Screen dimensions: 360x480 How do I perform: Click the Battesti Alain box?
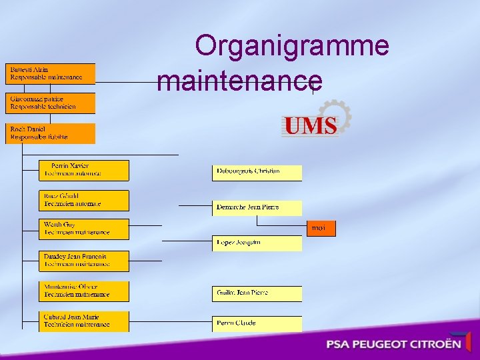tap(51, 73)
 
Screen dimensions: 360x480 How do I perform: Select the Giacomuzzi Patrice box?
tap(51, 103)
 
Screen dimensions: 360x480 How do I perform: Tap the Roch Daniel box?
tap(51, 133)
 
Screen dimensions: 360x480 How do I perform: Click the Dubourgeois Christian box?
tap(257, 173)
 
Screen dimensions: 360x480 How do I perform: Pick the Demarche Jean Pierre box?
tap(257, 208)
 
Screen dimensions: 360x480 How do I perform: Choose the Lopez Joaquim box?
tap(257, 243)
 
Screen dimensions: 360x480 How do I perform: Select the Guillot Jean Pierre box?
tap(257, 293)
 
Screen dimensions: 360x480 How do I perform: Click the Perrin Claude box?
tap(257, 324)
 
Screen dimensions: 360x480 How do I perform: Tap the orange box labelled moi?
tap(321, 229)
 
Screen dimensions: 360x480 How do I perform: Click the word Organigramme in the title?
tap(292, 46)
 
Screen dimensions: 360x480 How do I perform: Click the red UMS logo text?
tap(309, 126)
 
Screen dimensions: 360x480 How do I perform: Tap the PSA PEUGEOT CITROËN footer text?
tap(393, 345)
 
